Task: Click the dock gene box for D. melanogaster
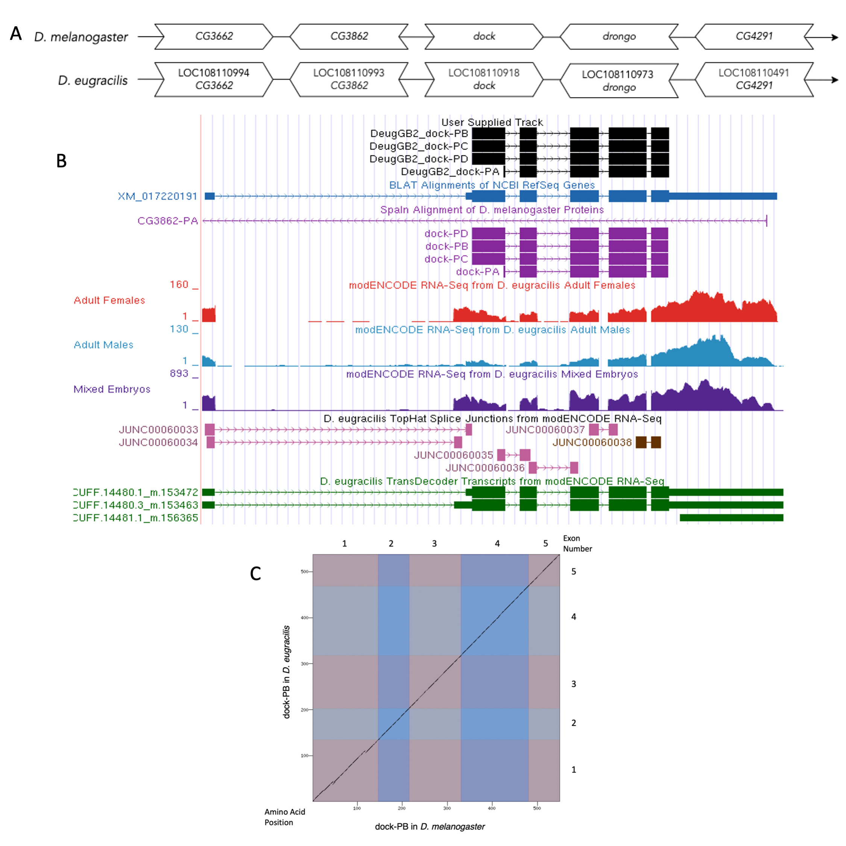coord(484,36)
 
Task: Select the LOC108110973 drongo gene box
coord(618,80)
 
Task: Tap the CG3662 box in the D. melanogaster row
coord(214,36)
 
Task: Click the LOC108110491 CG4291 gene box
coord(753,79)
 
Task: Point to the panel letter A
coord(16,34)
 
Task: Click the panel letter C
coord(255,574)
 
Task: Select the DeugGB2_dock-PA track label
coord(450,172)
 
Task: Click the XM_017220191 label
coord(158,196)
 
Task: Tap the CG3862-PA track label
coord(168,221)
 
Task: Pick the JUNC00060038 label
coord(592,443)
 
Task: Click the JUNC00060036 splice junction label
coord(485,468)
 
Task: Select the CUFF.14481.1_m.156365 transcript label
coord(136,518)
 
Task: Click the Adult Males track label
coord(103,345)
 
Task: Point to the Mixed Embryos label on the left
coord(112,389)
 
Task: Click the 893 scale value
coord(179,374)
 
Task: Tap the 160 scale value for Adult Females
coord(179,285)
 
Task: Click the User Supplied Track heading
coord(492,122)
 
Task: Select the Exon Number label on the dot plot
coord(577,544)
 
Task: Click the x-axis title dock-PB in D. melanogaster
coord(430,827)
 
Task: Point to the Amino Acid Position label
coord(285,817)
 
